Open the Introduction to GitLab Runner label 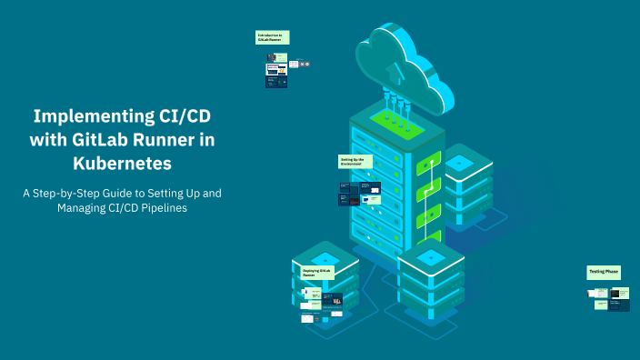271,37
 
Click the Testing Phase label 604,271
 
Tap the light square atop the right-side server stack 458,162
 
